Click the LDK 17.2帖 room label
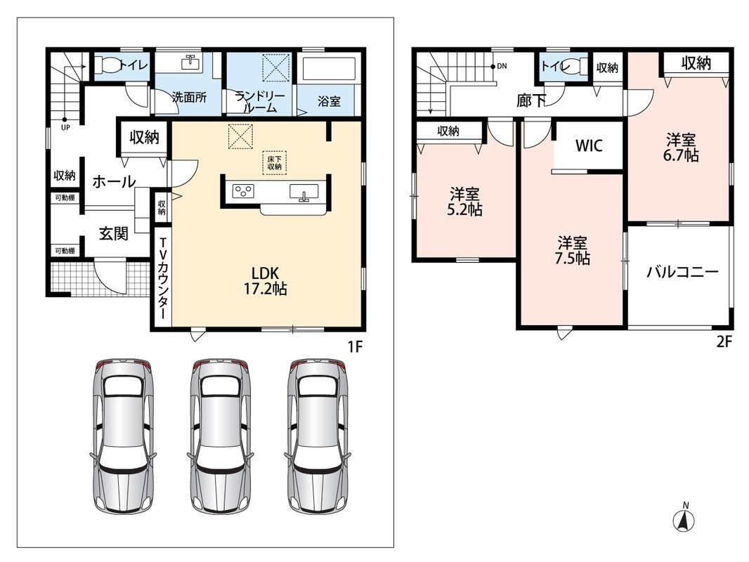265,281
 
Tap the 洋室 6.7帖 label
681,148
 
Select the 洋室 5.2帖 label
464,202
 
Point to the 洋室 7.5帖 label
572,251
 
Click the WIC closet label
589,145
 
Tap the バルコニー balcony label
683,272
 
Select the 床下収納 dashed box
274,163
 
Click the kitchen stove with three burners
243,191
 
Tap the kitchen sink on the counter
304,192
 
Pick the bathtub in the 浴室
329,69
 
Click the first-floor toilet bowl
107,65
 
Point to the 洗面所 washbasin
191,62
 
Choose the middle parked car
221,435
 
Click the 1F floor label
355,346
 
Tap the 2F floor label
724,342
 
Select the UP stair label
65,127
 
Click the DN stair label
502,66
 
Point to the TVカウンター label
162,278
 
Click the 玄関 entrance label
114,233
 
